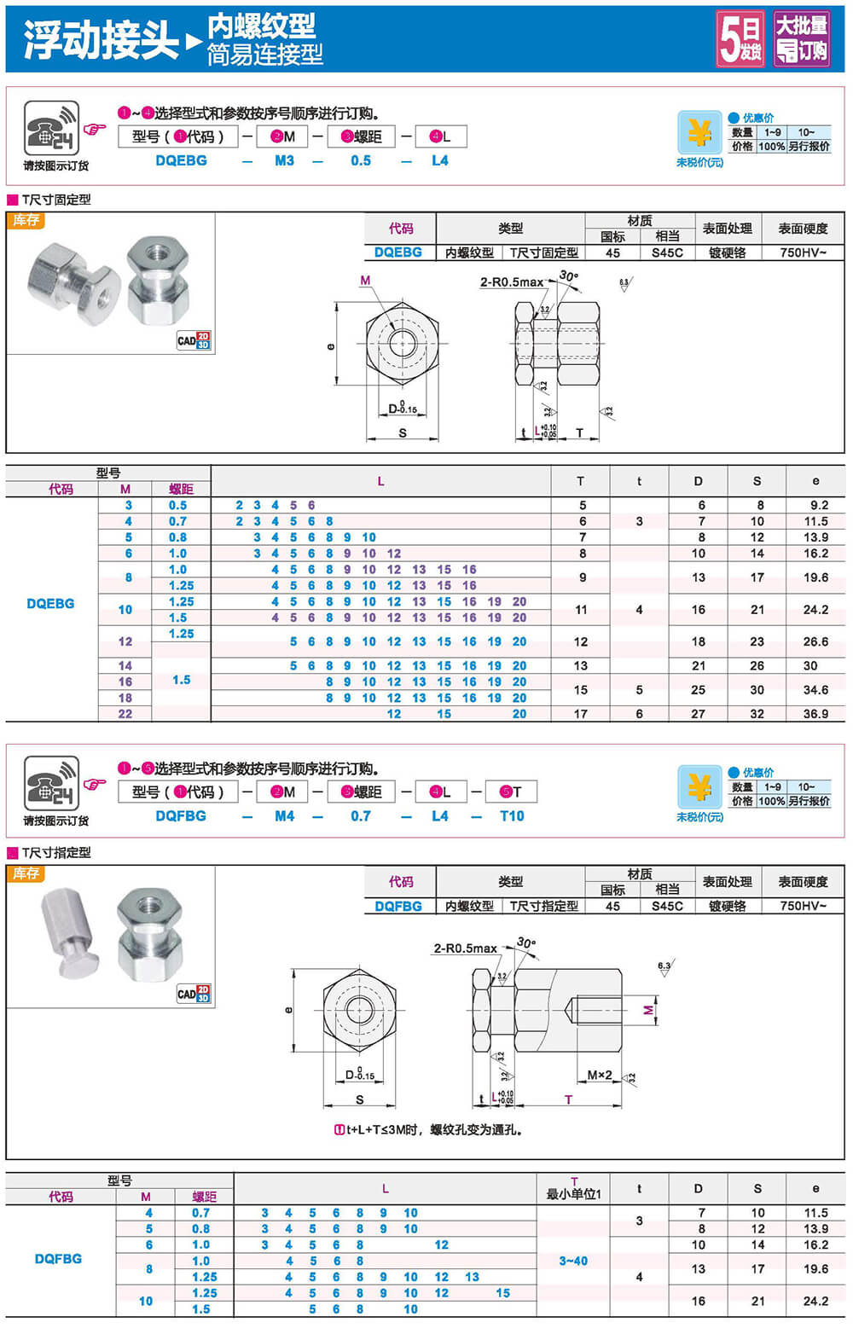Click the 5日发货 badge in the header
(x=740, y=39)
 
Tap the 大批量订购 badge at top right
(x=801, y=39)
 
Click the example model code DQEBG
(x=181, y=160)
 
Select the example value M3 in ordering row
(x=284, y=160)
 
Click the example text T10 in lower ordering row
(x=512, y=816)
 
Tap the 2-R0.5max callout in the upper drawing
(x=511, y=282)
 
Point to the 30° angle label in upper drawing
(x=568, y=275)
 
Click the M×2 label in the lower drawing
(x=600, y=1075)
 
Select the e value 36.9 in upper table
(x=815, y=714)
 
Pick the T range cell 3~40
(x=573, y=1261)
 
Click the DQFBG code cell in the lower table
(x=58, y=1259)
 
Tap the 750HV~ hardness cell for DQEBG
(x=803, y=252)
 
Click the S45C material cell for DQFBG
(x=667, y=906)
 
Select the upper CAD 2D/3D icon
(x=194, y=340)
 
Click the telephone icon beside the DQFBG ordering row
(x=51, y=783)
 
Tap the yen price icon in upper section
(x=699, y=133)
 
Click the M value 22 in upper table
(x=125, y=714)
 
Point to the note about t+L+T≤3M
(x=427, y=1129)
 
